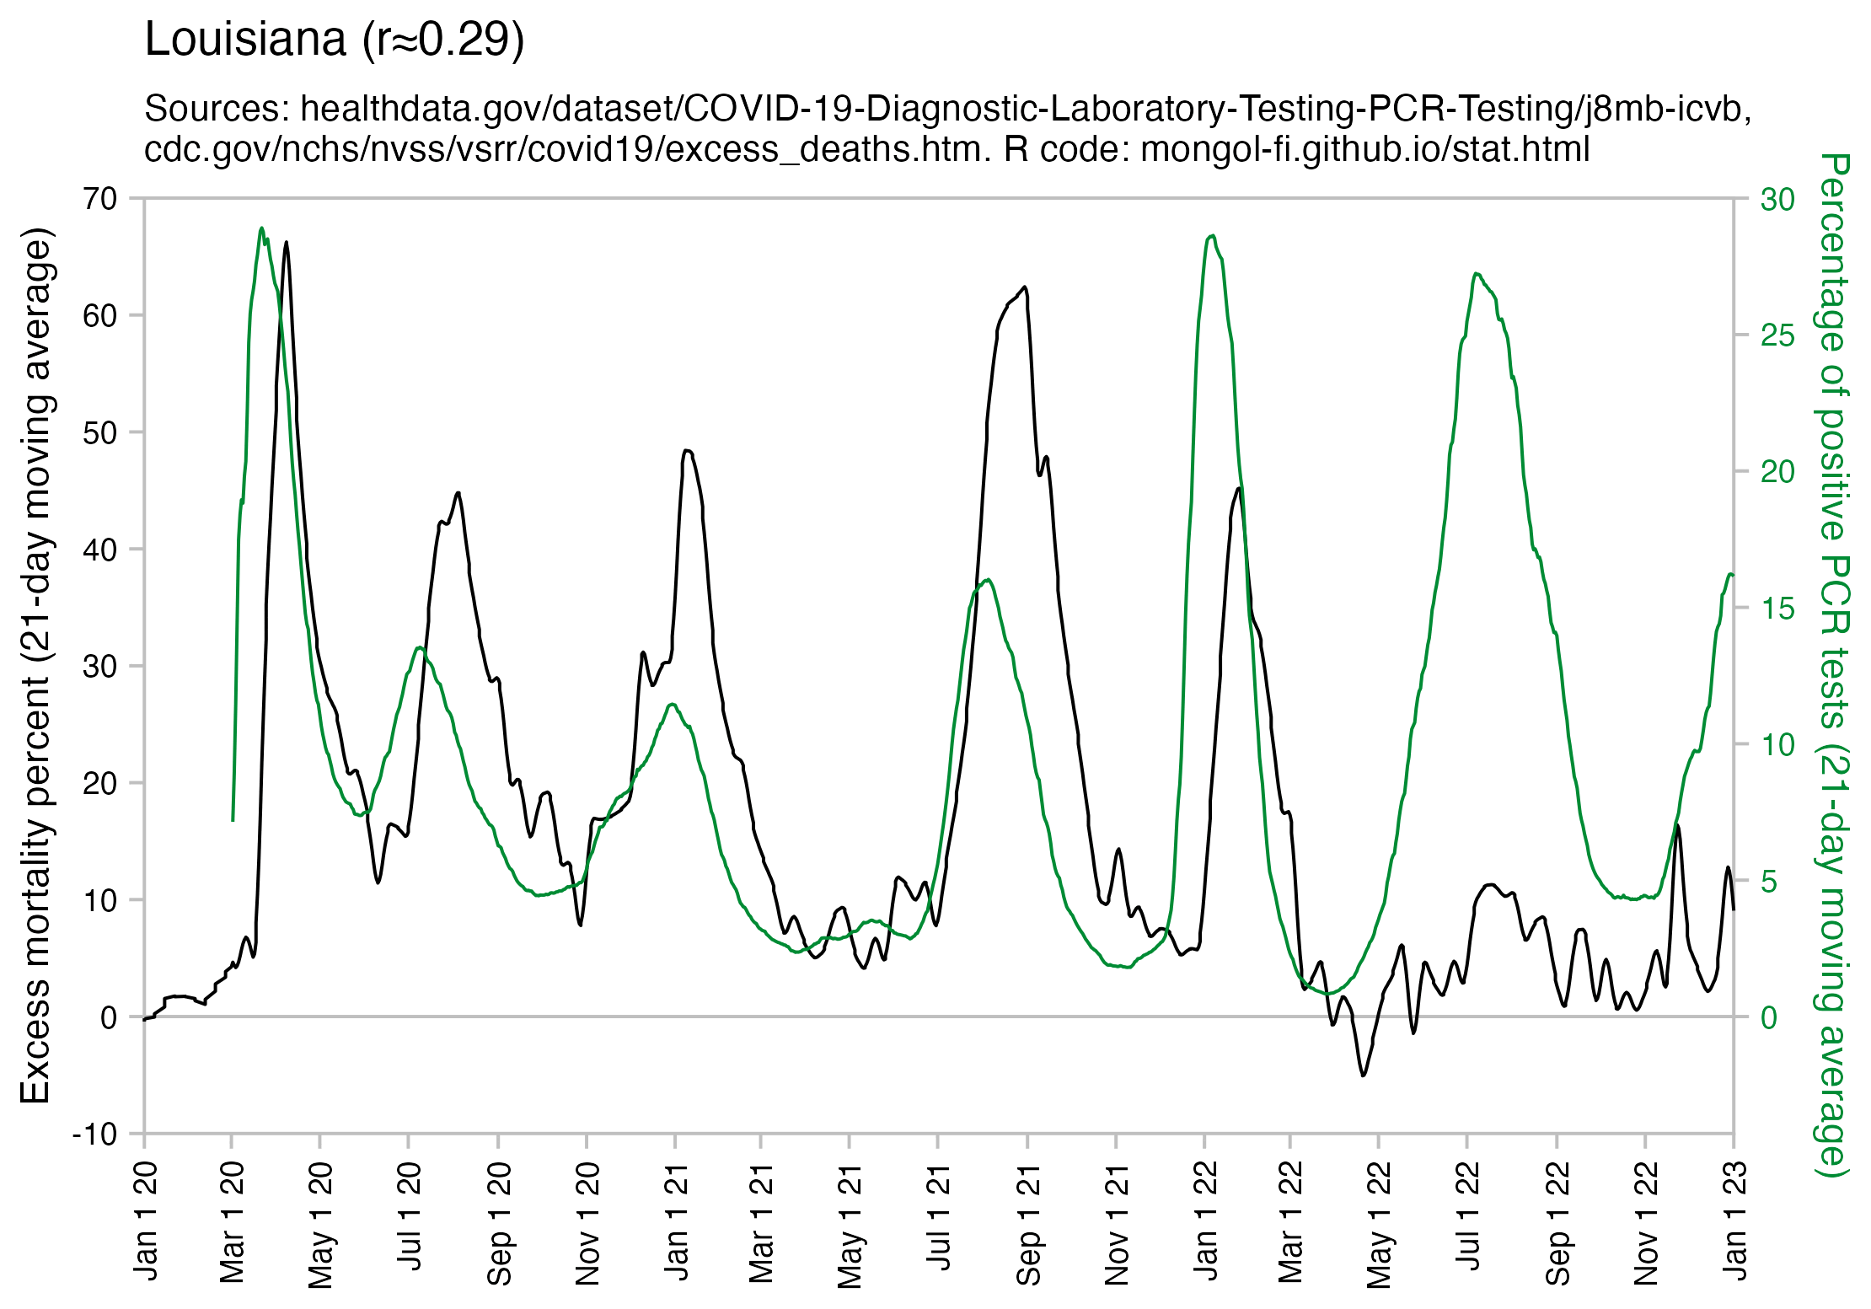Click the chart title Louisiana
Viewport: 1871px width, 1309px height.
[245, 40]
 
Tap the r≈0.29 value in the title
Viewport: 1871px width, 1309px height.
[444, 40]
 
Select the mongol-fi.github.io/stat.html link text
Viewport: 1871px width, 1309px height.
[1364, 149]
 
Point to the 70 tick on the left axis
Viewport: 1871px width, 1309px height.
[99, 200]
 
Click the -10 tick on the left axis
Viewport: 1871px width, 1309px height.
[94, 1135]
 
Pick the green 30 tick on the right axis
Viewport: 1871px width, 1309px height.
[1777, 200]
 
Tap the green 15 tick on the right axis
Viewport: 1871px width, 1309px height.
[1777, 609]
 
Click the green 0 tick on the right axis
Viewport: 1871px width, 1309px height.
[1768, 1017]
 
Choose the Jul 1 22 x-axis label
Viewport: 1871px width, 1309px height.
[1468, 1215]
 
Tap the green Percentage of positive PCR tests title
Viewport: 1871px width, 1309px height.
[1832, 666]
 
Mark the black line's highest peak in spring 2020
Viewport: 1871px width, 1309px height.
[287, 243]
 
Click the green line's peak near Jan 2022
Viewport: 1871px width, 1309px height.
[1212, 236]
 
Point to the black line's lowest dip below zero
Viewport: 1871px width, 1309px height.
[1363, 1076]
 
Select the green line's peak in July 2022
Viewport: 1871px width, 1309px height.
[1476, 274]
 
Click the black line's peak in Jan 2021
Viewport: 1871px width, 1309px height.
[688, 451]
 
